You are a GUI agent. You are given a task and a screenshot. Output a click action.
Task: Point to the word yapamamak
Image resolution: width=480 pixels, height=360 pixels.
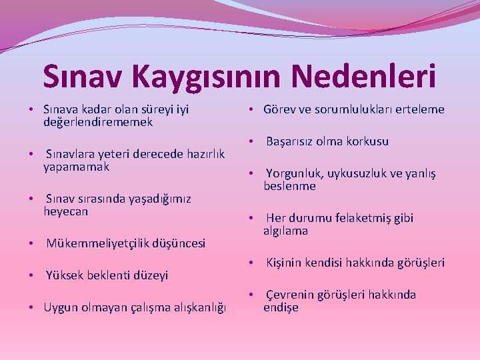click(76, 167)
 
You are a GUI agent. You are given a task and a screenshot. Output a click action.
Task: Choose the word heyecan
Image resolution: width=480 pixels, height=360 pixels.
click(65, 211)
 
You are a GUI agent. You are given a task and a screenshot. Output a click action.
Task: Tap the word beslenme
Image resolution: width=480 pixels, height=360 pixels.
click(289, 186)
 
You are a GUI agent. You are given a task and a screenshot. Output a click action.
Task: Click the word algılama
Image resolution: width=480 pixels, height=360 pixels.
click(285, 231)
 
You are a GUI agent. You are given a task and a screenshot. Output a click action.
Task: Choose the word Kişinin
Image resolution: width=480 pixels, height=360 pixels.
click(286, 263)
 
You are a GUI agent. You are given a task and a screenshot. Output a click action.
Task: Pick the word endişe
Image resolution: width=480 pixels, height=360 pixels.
click(281, 307)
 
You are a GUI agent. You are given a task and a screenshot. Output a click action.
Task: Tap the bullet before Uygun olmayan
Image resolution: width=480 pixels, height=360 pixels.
click(31, 307)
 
